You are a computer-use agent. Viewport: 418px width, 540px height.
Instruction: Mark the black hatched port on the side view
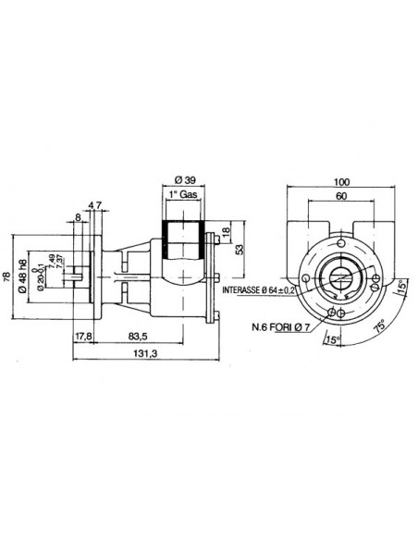tap(182, 241)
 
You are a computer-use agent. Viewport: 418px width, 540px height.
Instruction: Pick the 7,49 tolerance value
tap(50, 268)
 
